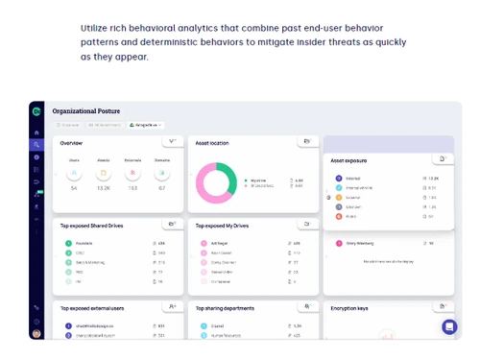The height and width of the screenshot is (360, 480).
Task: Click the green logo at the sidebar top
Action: pyautogui.click(x=36, y=111)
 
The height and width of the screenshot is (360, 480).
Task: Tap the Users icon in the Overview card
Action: pyautogui.click(x=74, y=173)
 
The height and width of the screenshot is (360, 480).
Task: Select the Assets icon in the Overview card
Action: pyautogui.click(x=104, y=173)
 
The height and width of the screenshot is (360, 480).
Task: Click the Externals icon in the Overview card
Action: pyautogui.click(x=132, y=173)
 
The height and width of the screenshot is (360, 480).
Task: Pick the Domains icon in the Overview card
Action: pyautogui.click(x=161, y=173)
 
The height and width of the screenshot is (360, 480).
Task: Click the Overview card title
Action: pyautogui.click(x=71, y=143)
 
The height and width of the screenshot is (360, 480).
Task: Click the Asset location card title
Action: pyautogui.click(x=213, y=143)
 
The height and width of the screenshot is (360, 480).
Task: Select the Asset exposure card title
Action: pyautogui.click(x=349, y=160)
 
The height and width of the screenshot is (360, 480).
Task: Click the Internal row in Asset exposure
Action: pyautogui.click(x=352, y=178)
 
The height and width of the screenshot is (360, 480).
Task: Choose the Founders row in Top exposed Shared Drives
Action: pyautogui.click(x=84, y=243)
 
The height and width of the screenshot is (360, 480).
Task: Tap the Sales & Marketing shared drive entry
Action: pyautogui.click(x=91, y=262)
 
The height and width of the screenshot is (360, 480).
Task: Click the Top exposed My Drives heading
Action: pyautogui.click(x=223, y=226)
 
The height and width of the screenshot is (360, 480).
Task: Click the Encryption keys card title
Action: pyautogui.click(x=348, y=308)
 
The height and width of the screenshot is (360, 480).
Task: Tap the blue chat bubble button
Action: pyautogui.click(x=449, y=326)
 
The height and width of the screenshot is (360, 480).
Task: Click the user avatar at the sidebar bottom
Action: pyautogui.click(x=36, y=333)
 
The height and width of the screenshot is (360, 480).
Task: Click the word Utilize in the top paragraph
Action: pyautogui.click(x=95, y=28)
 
